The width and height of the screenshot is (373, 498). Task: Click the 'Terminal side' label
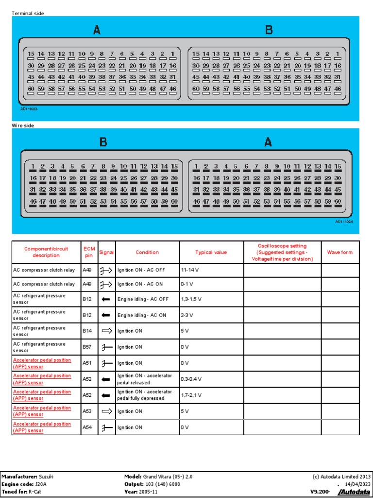pyautogui.click(x=28, y=14)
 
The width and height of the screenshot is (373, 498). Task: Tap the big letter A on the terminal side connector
pyautogui.click(x=97, y=30)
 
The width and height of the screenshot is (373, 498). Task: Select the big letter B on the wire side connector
pyautogui.click(x=103, y=142)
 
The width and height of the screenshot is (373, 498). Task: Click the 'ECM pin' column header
pyautogui.click(x=89, y=252)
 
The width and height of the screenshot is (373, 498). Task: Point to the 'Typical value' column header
pyautogui.click(x=211, y=252)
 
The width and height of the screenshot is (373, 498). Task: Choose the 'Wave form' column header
pyautogui.click(x=340, y=252)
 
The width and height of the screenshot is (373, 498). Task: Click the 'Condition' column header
pyautogui.click(x=147, y=252)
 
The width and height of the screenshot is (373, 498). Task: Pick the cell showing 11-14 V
pyautogui.click(x=190, y=268)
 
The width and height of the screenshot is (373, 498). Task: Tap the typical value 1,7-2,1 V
pyautogui.click(x=192, y=395)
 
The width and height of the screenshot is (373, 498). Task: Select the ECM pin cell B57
pyautogui.click(x=87, y=347)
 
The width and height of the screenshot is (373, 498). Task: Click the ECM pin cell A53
pyautogui.click(x=87, y=411)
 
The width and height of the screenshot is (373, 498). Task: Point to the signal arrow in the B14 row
pyautogui.click(x=106, y=331)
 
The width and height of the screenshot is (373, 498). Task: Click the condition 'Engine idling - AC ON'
pyautogui.click(x=142, y=315)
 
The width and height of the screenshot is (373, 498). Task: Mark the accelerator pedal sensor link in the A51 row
pyautogui.click(x=42, y=363)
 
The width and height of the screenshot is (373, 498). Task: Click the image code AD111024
pyautogui.click(x=344, y=221)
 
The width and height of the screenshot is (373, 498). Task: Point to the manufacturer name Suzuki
pyautogui.click(x=46, y=477)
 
